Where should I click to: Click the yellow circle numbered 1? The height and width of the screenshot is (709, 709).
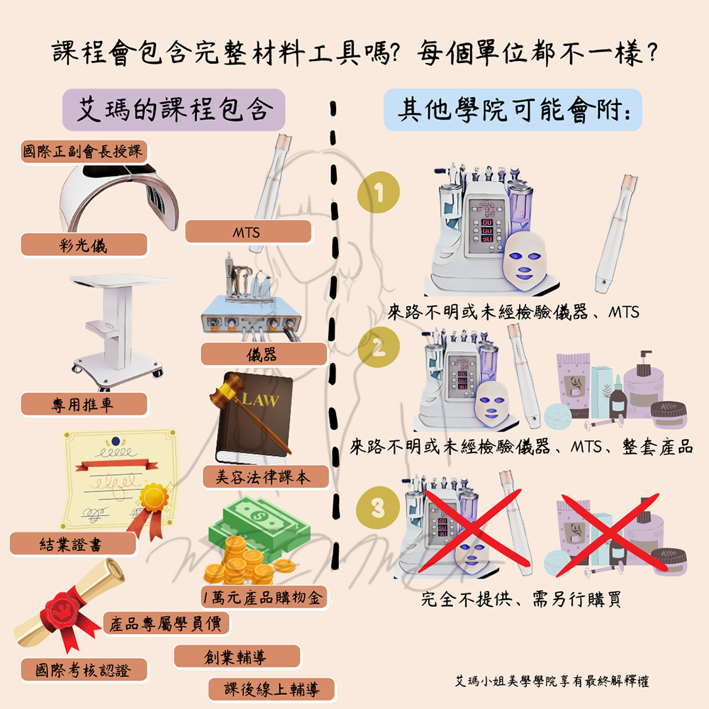[379, 192]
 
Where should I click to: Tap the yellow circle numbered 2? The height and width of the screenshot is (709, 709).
[379, 347]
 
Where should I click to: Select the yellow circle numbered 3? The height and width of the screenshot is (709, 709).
[378, 508]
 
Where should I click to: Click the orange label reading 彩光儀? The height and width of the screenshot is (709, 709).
[84, 245]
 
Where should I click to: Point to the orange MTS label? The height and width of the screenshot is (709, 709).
[248, 232]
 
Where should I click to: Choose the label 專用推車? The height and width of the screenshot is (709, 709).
[84, 404]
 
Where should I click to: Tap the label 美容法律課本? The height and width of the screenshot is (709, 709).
[266, 476]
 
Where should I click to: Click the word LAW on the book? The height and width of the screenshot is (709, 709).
[260, 398]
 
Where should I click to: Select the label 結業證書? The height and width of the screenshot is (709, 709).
[73, 544]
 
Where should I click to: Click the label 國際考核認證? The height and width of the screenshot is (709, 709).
[84, 670]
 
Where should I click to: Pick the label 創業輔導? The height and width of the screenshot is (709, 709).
[237, 657]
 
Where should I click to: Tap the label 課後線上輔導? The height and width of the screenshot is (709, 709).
[272, 689]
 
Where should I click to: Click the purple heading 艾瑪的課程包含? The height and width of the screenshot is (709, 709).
[174, 109]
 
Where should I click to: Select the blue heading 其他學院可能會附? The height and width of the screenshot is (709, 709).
[513, 109]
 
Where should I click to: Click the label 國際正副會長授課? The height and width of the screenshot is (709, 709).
[84, 151]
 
